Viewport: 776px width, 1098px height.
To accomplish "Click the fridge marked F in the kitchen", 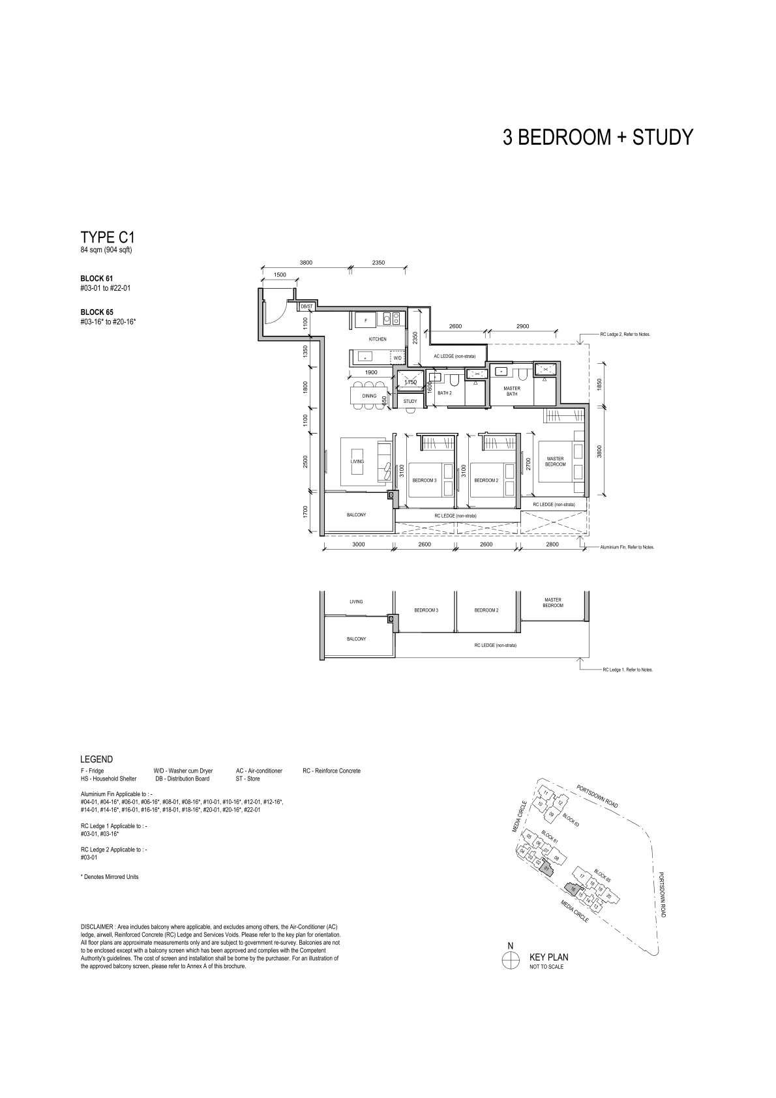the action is (366, 320).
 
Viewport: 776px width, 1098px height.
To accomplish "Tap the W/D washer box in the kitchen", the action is (398, 358).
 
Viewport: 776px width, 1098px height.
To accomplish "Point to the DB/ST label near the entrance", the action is (307, 306).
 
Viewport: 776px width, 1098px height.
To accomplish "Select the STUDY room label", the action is (410, 402).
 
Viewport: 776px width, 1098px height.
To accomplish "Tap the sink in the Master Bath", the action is (501, 371).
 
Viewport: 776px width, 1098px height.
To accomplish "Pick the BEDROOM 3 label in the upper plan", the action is (424, 481).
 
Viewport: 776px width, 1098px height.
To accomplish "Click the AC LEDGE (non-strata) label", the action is (455, 357).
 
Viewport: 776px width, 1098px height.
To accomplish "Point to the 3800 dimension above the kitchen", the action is (306, 263).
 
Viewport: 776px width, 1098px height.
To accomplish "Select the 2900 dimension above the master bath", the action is (522, 327).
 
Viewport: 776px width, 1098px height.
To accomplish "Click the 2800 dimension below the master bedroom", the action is (552, 544).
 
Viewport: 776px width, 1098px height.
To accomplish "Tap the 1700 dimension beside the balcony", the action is (305, 512).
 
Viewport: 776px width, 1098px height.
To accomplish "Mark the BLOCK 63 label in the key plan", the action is (571, 820).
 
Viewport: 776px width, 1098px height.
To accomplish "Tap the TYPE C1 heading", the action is (108, 238).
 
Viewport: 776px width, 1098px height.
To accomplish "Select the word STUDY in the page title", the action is (663, 137).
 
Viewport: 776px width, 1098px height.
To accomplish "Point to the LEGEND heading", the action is (97, 760).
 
